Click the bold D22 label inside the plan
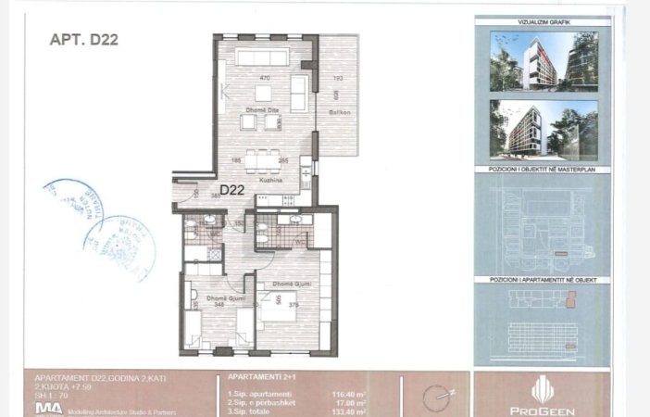(231, 191)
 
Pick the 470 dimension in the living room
(264, 78)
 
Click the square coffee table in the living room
(264, 93)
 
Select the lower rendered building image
(543, 130)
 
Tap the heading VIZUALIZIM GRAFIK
(543, 20)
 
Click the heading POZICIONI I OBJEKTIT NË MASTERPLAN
(543, 172)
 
